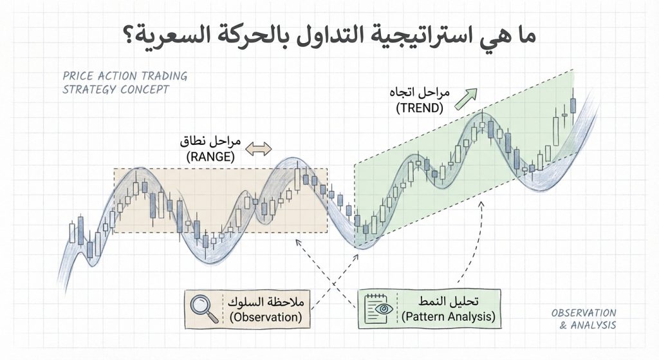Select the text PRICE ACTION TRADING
(125, 76)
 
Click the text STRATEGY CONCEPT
(116, 90)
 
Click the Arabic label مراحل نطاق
(211, 141)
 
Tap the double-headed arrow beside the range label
(259, 149)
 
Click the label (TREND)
(420, 108)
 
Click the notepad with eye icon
(379, 308)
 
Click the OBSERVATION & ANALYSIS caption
(584, 319)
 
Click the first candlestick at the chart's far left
(71, 231)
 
